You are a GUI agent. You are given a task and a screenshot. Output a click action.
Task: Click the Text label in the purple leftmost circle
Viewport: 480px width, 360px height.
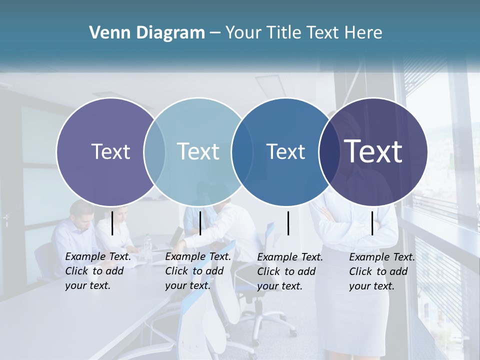click(x=110, y=151)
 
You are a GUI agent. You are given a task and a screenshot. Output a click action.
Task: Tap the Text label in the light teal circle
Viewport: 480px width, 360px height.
click(x=198, y=151)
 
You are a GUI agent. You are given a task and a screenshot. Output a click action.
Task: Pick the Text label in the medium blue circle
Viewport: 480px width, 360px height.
click(x=285, y=151)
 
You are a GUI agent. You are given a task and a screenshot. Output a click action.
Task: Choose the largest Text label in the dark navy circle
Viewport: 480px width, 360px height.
click(x=373, y=151)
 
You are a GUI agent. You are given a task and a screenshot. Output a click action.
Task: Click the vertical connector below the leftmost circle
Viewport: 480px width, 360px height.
click(x=112, y=223)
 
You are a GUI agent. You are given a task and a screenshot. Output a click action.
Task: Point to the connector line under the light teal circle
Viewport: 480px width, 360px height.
click(x=200, y=223)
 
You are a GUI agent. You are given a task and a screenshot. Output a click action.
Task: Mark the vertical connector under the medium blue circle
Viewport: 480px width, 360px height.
click(x=288, y=223)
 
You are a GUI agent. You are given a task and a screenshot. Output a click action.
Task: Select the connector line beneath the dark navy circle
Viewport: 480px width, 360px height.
click(x=372, y=223)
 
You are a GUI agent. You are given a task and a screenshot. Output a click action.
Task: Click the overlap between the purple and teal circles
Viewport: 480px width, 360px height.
click(x=154, y=151)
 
